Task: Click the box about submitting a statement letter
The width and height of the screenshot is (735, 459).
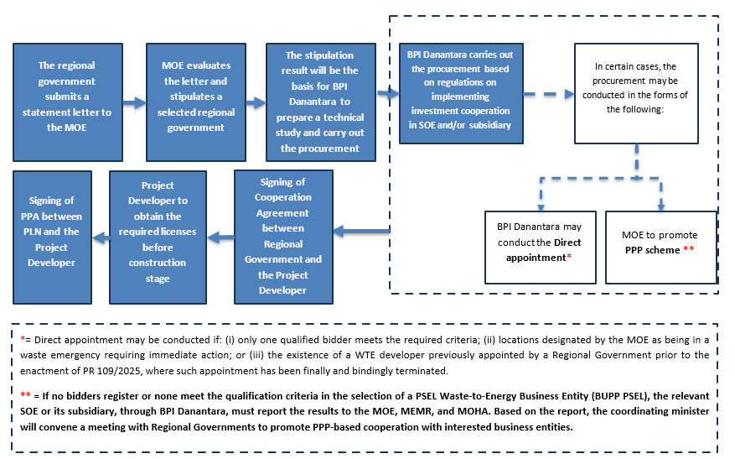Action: point(66,96)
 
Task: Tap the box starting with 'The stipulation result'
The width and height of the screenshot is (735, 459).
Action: point(319,102)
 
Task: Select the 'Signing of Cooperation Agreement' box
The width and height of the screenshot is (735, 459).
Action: point(283,236)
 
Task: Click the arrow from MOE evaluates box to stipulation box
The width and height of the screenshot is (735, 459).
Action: point(254,102)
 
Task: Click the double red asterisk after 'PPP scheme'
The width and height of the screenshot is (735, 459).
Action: point(688,250)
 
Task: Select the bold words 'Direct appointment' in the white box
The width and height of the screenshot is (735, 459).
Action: point(545,250)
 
